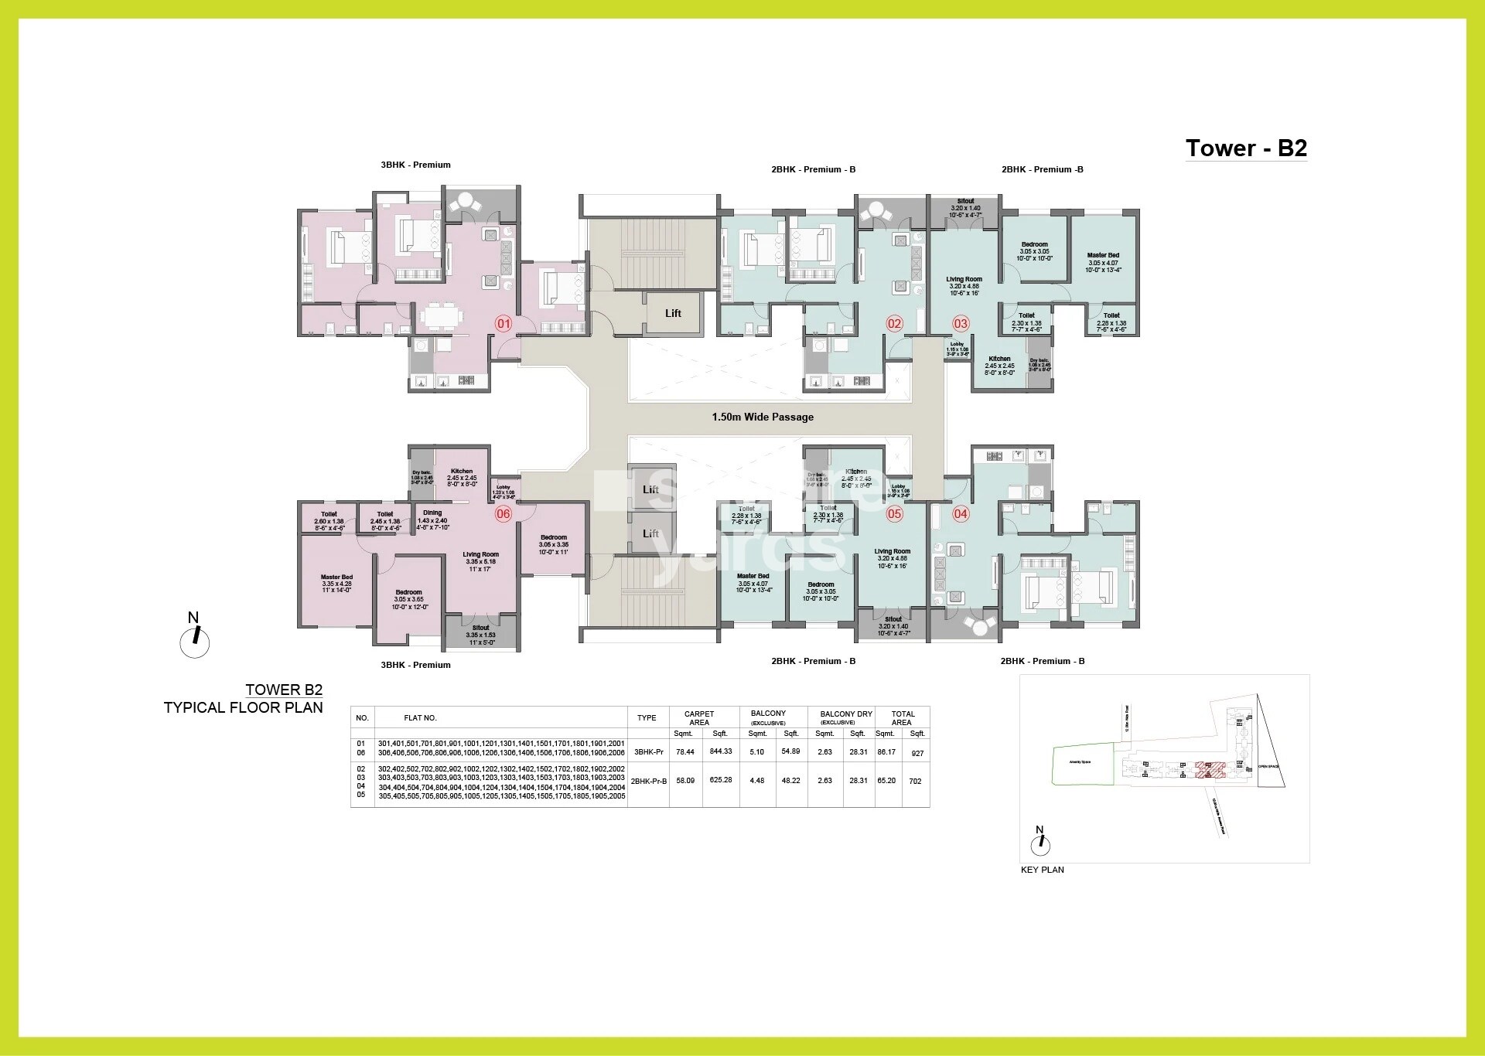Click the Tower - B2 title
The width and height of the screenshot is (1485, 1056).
pos(1246,148)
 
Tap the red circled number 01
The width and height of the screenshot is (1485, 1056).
pos(504,323)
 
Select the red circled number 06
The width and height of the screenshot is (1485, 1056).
pos(504,513)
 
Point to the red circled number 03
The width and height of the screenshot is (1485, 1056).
pos(961,323)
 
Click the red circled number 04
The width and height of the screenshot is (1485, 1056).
pos(961,513)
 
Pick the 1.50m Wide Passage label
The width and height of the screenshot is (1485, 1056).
pos(763,417)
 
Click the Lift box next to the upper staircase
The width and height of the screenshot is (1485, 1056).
pos(673,313)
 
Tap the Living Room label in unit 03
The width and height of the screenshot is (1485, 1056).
pos(964,280)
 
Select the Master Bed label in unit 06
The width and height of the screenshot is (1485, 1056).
pos(336,577)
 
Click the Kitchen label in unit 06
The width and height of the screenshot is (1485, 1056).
pos(462,472)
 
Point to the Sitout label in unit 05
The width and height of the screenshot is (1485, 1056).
pos(893,619)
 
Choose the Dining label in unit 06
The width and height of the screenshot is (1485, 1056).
pos(432,513)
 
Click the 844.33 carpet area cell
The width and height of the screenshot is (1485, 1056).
pos(720,751)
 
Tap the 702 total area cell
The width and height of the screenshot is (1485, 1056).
pos(916,781)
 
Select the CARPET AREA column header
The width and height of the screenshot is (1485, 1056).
pos(699,717)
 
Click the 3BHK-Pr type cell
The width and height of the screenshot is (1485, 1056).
pos(647,751)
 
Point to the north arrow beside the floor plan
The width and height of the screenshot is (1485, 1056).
pos(195,638)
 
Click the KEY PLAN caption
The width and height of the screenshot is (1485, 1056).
pos(1043,870)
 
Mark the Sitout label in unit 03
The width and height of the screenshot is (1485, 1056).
pos(965,202)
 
